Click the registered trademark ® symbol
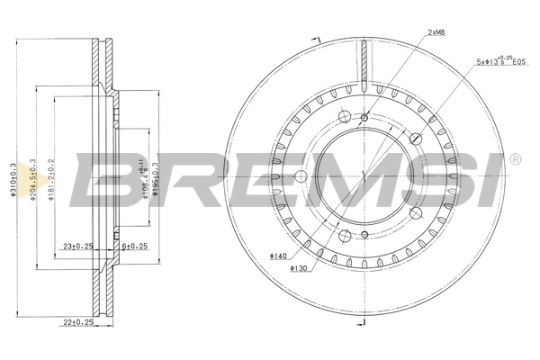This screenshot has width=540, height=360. coord(514,160)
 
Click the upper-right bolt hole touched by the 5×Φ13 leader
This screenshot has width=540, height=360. coord(415,139)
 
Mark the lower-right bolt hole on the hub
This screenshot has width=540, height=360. coord(415,213)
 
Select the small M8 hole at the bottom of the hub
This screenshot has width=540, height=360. coord(364,235)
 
